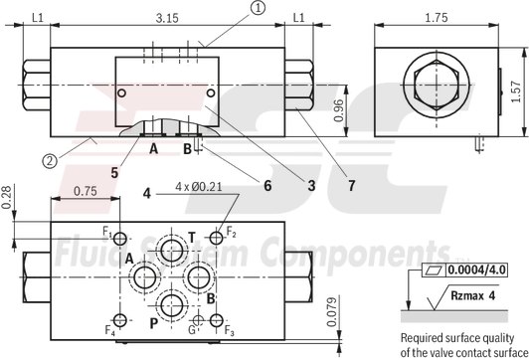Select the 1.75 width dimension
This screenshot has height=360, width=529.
435,17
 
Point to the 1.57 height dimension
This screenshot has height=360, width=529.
516,92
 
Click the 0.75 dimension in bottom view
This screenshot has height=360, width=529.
86,192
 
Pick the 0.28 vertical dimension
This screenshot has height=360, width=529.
9,198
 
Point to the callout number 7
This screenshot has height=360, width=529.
351,184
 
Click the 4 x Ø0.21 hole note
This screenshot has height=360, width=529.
198,186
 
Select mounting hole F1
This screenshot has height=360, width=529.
121,239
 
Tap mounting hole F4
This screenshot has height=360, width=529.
121,319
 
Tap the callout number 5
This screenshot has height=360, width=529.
115,172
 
